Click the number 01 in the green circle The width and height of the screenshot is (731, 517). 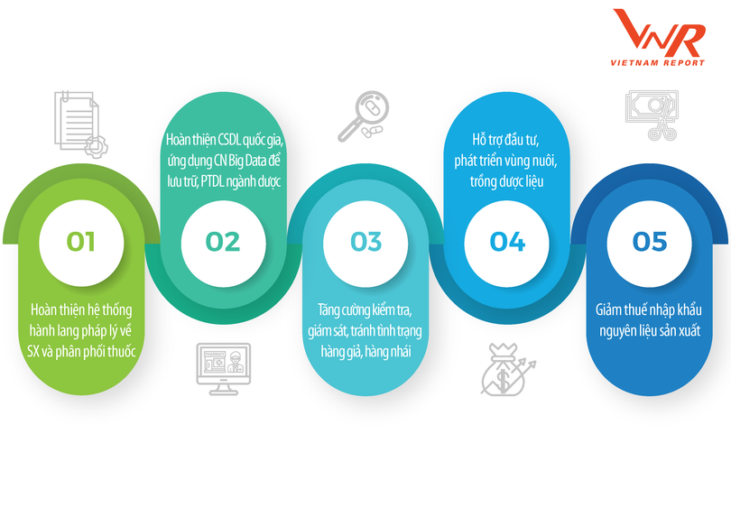click(x=81, y=242)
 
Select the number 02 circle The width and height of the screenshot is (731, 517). click(x=223, y=242)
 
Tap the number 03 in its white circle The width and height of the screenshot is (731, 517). click(x=365, y=242)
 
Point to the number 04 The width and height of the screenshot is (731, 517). click(x=507, y=242)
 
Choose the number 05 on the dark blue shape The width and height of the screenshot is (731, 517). click(x=649, y=242)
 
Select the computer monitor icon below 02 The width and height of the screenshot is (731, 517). click(x=222, y=368)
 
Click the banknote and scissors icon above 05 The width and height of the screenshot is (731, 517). click(x=649, y=115)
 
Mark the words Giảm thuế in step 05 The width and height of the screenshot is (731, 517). click(x=618, y=310)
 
